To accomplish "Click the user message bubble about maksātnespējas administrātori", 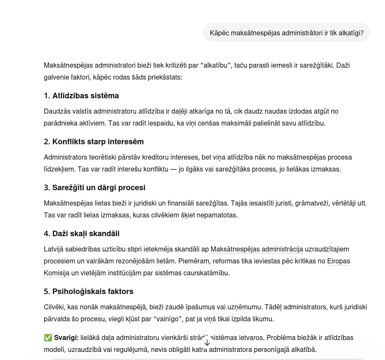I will (286, 33).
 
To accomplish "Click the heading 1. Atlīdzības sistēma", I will (81, 96).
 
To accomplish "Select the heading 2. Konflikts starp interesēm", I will (94, 142).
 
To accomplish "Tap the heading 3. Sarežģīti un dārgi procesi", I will (94, 188).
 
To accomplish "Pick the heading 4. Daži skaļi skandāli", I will (82, 234).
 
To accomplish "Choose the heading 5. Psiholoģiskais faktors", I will (88, 291).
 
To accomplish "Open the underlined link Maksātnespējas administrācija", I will (257, 249).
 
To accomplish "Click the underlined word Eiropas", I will (338, 261).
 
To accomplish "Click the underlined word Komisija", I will (56, 273).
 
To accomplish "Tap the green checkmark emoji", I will (48, 338).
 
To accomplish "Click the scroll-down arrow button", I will (207, 343).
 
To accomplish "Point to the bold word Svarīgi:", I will (66, 338).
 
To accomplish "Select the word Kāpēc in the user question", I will (220, 33).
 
